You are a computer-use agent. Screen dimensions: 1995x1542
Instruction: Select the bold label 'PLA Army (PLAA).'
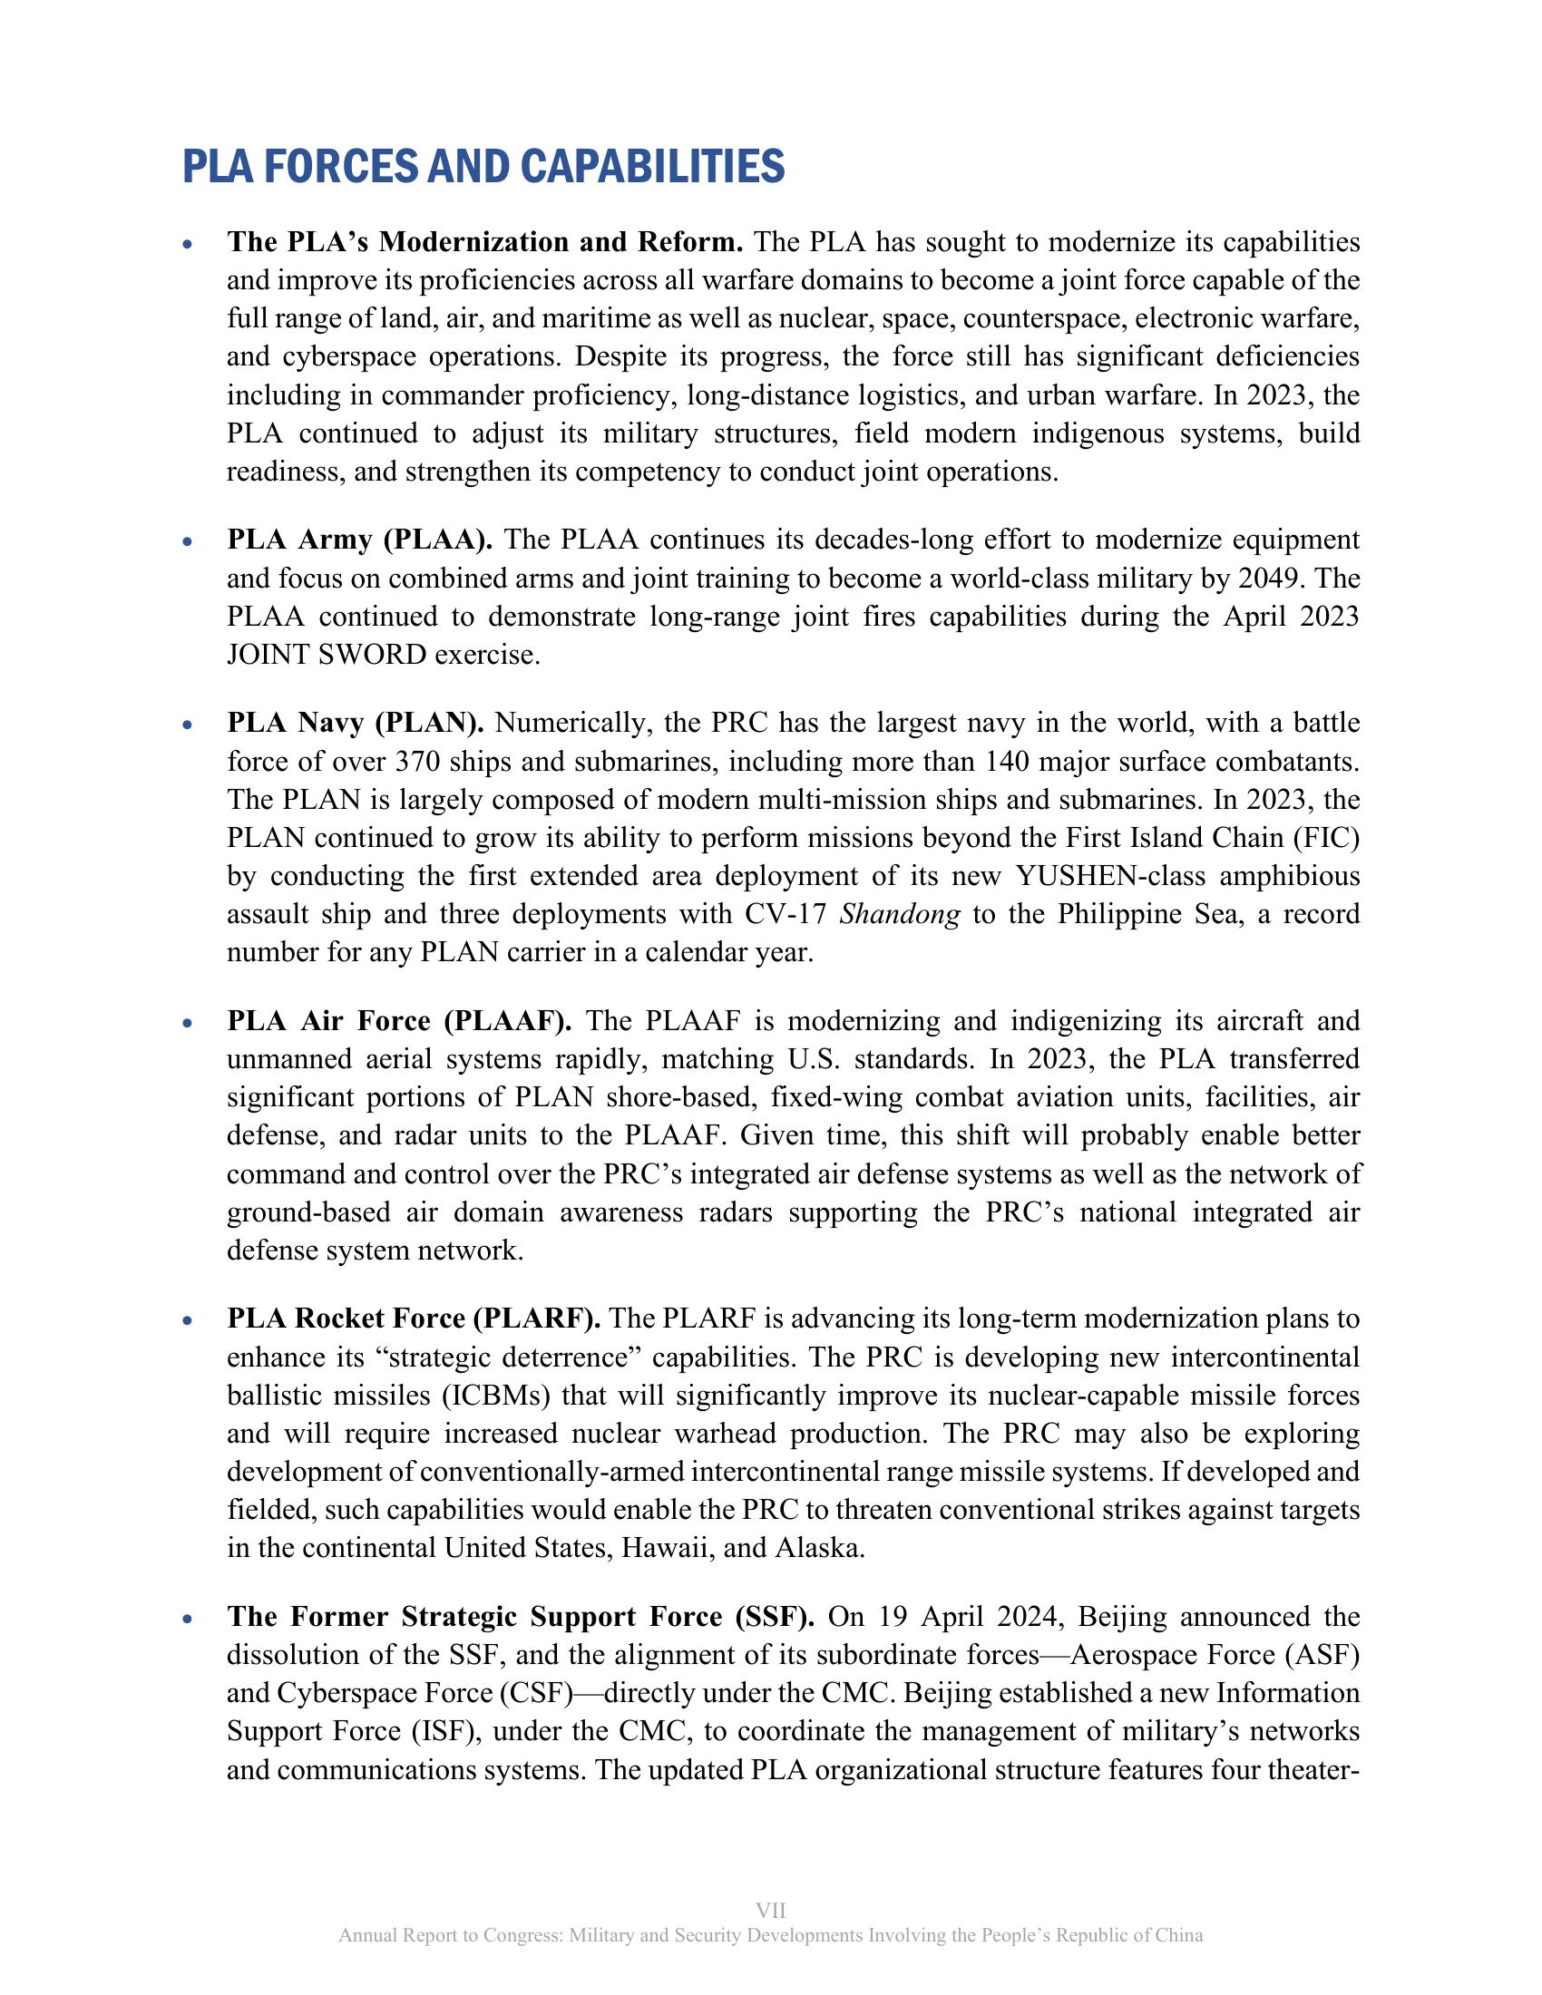pos(359,540)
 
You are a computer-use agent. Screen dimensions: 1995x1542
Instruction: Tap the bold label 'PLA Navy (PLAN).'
pos(356,724)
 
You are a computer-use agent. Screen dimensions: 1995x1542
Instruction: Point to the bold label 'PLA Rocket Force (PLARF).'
pos(413,1319)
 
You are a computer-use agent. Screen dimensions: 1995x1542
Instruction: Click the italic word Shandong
pos(899,914)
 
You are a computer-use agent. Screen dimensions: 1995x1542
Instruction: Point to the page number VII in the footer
pos(771,1903)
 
